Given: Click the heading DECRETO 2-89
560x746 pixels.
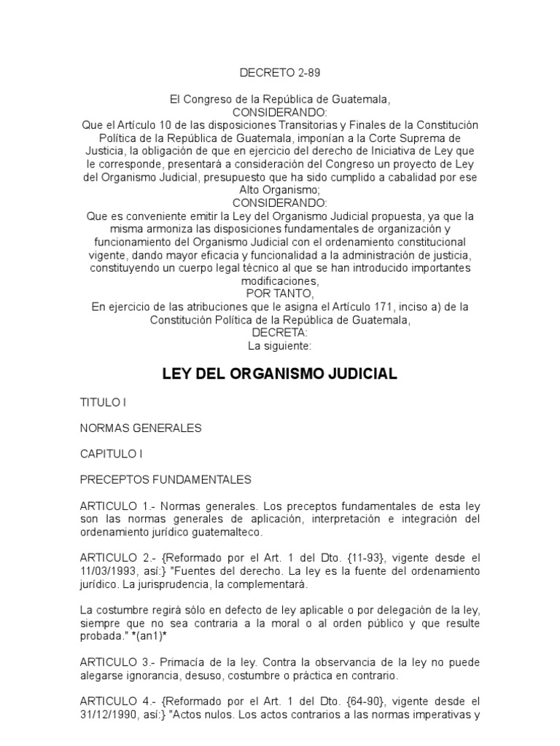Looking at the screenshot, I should pos(279,74).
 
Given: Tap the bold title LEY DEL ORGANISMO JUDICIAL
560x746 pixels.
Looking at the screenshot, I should pos(279,374).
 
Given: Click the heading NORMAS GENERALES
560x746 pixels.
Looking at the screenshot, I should pos(141,428).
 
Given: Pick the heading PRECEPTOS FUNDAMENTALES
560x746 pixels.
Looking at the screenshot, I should pos(166,479).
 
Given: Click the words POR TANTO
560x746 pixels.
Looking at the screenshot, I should pos(279,294).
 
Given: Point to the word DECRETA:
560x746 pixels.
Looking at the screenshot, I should pos(279,333).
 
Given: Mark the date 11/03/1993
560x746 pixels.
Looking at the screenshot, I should pos(108,570).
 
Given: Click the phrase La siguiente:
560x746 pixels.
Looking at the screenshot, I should pos(279,346).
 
